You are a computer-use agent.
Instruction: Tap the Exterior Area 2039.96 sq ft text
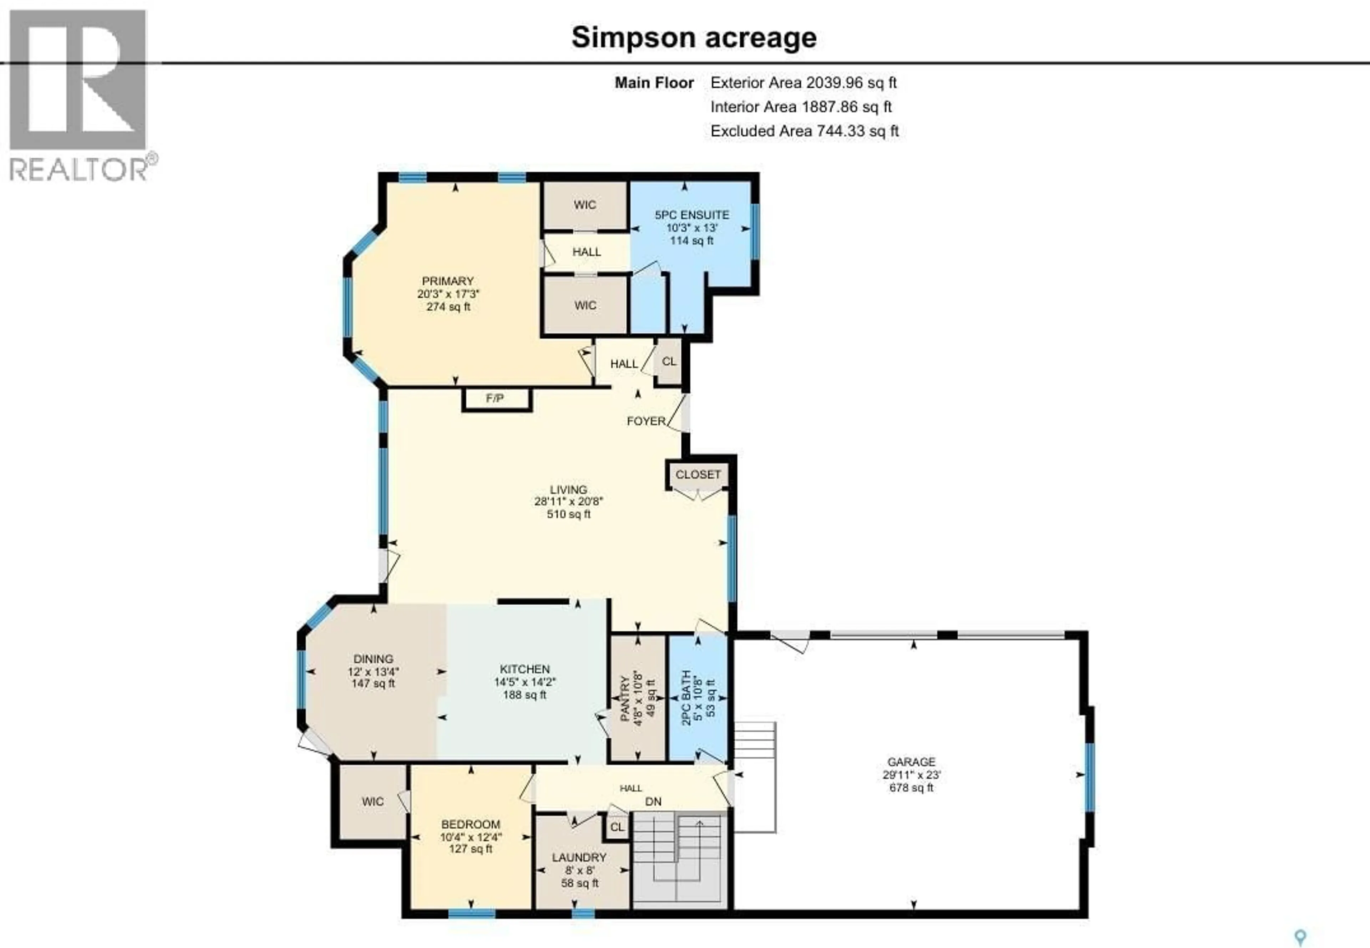click(x=803, y=83)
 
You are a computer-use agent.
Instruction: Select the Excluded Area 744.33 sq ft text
click(x=804, y=131)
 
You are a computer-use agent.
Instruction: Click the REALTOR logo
click(x=80, y=95)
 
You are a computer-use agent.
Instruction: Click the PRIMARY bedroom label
click(x=447, y=281)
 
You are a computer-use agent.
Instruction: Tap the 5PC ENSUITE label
click(x=692, y=215)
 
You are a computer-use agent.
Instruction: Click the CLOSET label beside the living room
click(x=698, y=475)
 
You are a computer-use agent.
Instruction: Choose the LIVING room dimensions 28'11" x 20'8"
click(x=568, y=501)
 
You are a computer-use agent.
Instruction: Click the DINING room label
click(x=373, y=659)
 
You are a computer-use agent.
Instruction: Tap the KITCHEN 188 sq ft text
click(x=524, y=695)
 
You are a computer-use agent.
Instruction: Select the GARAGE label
click(x=911, y=762)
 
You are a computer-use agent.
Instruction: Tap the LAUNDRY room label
click(x=579, y=858)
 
